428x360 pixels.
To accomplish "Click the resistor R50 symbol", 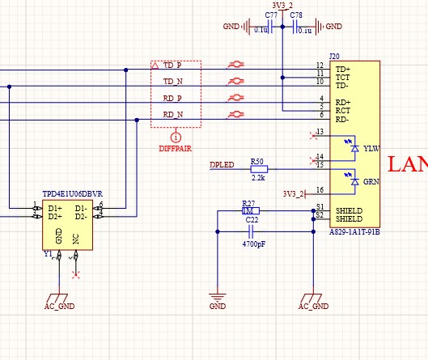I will [259, 169].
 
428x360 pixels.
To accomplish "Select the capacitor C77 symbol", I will [272, 27].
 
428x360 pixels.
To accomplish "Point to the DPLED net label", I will [222, 165].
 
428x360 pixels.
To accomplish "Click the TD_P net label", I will [172, 65].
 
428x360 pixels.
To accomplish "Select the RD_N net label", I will [172, 114].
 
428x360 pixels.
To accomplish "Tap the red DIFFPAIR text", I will [175, 150].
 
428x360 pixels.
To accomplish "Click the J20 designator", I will [334, 56].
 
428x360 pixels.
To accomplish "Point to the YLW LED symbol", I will [352, 149].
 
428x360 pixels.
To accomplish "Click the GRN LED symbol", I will [352, 182].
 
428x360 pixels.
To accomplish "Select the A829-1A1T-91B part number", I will [354, 232].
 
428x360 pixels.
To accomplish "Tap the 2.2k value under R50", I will [259, 177].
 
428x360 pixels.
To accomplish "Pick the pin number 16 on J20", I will [319, 189].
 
